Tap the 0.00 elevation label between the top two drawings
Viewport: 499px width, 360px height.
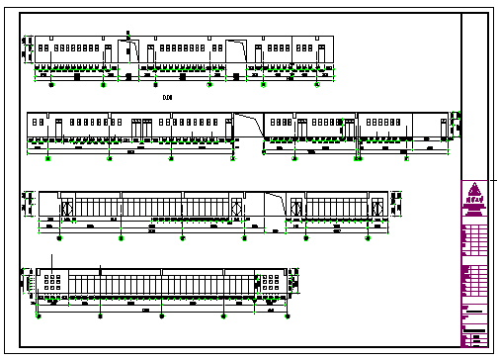click(x=167, y=97)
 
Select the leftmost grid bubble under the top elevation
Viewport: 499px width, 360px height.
click(x=52, y=85)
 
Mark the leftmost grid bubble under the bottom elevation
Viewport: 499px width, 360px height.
click(x=38, y=316)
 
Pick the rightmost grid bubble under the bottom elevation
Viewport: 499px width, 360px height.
click(x=287, y=316)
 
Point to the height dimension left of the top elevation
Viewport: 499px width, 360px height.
click(x=27, y=49)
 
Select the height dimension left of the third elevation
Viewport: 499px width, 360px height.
click(x=27, y=203)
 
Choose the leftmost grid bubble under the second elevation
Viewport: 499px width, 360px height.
click(x=48, y=156)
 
